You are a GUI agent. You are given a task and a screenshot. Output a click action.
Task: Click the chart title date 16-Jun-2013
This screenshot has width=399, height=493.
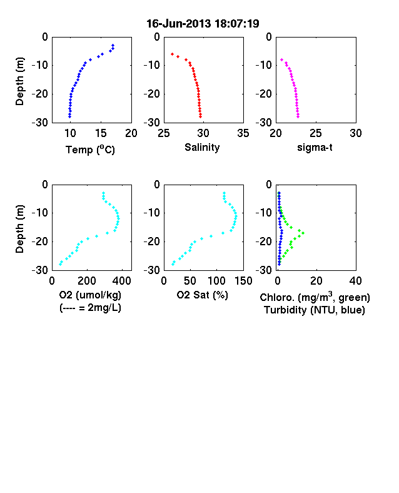[179, 24]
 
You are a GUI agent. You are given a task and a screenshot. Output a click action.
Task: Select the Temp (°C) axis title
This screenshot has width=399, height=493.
[90, 150]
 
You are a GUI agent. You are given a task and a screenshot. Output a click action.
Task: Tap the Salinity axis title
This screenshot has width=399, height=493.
[202, 147]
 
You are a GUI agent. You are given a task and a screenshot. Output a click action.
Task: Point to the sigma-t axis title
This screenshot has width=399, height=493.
[315, 147]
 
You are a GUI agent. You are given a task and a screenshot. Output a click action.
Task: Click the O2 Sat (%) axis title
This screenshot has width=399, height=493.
[202, 295]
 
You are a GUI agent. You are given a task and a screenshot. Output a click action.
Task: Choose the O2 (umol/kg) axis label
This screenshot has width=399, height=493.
[90, 295]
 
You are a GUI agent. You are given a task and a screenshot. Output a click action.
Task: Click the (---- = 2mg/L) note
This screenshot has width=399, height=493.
[90, 307]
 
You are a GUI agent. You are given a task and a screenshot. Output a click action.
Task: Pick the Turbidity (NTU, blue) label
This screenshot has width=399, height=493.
[315, 310]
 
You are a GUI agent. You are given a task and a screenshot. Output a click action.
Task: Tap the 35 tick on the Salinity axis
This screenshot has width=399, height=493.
[243, 133]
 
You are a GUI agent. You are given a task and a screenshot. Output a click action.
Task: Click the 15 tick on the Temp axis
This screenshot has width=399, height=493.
[101, 133]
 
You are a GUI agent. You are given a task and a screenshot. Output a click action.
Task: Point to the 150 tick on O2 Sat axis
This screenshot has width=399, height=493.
[243, 280]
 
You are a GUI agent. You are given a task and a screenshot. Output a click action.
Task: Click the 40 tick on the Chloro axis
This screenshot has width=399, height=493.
[355, 280]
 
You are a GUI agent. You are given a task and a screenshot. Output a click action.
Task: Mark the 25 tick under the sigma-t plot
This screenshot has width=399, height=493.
[315, 133]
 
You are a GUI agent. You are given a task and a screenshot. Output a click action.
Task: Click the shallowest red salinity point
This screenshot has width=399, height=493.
[172, 54]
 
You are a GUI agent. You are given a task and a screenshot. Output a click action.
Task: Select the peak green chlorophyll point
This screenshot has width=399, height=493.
[303, 233]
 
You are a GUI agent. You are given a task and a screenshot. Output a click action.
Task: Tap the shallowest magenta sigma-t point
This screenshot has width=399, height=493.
[282, 59]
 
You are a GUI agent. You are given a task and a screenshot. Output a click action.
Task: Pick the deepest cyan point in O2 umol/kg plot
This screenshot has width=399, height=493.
[60, 264]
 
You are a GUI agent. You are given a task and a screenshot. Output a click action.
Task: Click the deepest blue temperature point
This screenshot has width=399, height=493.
[70, 116]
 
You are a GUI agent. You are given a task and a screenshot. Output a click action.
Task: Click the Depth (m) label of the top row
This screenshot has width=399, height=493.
[19, 81]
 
